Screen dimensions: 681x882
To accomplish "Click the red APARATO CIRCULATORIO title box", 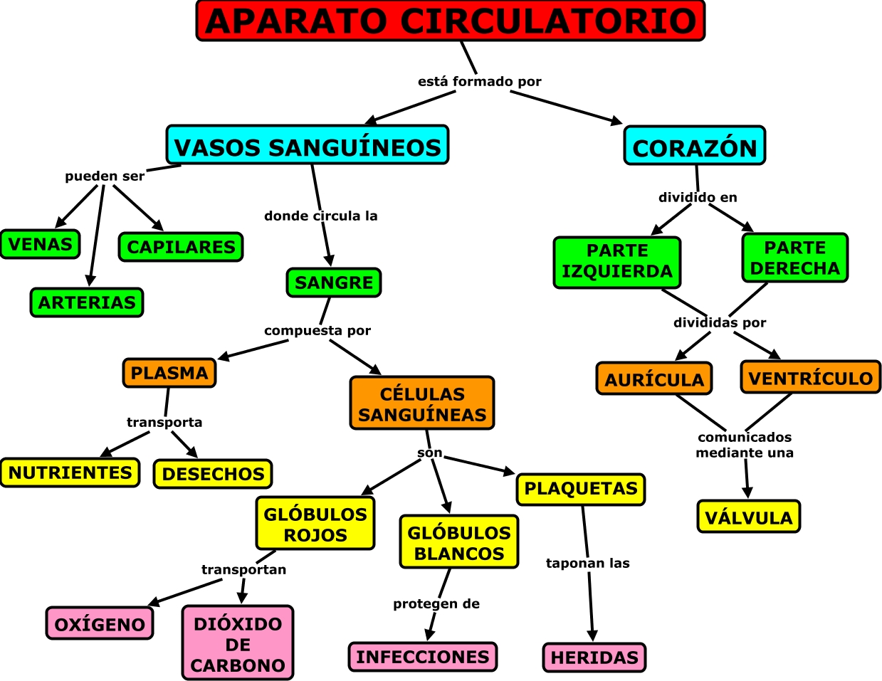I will pos(450,21).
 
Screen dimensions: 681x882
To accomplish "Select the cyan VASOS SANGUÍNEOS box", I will pos(308,146).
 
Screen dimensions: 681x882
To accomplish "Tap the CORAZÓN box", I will pos(695,147).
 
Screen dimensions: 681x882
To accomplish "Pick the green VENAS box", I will pos(40,244).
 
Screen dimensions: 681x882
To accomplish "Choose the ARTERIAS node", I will pos(87,302).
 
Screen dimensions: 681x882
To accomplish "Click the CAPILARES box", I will pos(181,247).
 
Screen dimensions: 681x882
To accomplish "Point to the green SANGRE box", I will pos(334,283).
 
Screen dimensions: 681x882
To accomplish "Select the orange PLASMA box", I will pos(169,373).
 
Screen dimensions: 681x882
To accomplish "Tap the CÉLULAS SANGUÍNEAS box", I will pos(422,403).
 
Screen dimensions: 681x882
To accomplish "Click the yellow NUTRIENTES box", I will pos(70,473).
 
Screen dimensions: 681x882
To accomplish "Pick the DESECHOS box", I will pos(213,474).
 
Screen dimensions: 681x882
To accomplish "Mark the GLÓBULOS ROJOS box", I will pos(315,524).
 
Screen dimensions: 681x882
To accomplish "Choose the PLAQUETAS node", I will pos(581,489).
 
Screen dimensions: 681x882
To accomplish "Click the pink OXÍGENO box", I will pos(100,624).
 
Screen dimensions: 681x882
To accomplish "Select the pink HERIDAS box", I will pos(594,658).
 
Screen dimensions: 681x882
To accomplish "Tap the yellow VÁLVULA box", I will pos(748,517).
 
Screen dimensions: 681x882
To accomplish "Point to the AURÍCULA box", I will pos(654,379).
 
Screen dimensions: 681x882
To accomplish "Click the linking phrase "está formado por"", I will pos(479,82).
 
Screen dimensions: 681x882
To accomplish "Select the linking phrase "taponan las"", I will pos(587,564).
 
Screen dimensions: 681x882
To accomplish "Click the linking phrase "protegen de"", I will pos(436,604).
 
